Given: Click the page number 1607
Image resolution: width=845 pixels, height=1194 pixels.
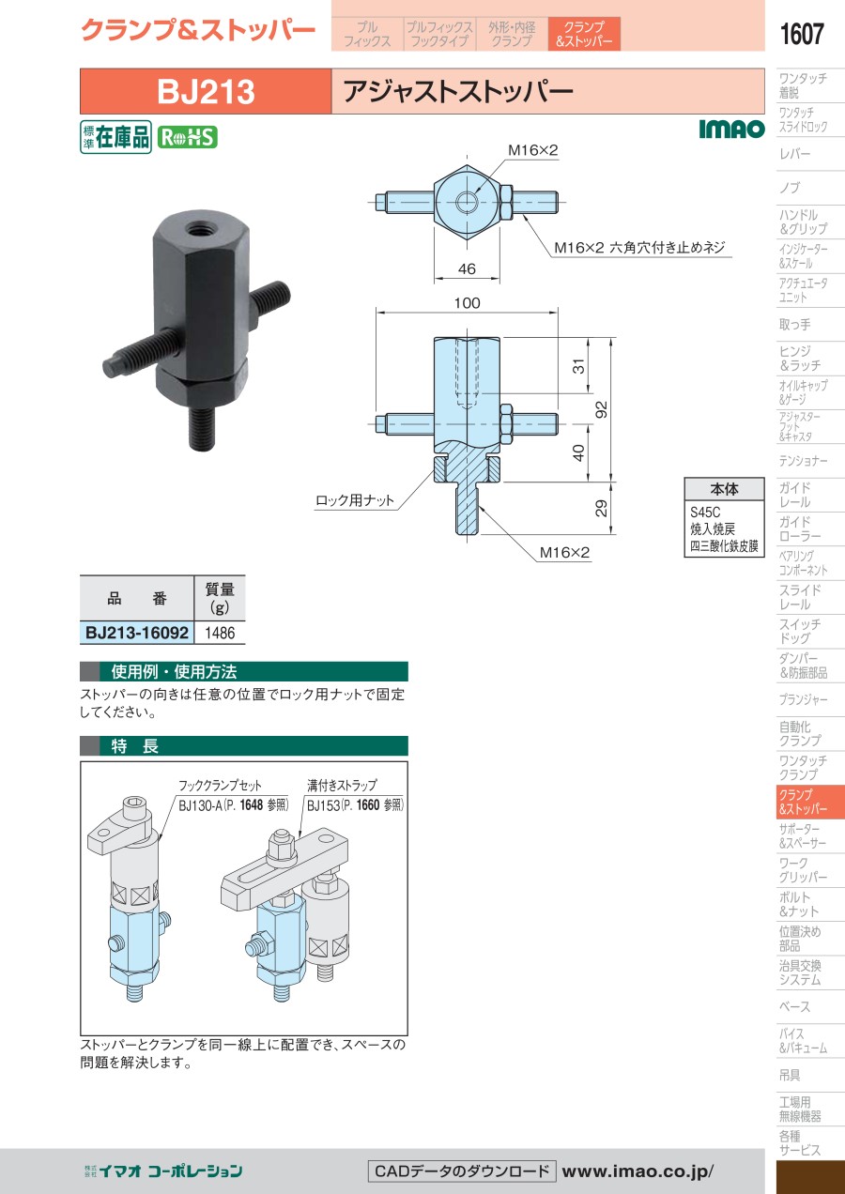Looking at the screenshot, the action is tap(802, 34).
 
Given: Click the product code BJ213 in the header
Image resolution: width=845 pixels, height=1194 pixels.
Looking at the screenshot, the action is tap(206, 92).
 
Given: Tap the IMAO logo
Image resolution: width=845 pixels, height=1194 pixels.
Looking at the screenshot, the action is tap(731, 129).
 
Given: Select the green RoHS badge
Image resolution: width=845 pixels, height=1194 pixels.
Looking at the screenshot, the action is tap(188, 137).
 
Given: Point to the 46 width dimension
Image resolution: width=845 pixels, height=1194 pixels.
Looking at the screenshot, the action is tap(467, 269).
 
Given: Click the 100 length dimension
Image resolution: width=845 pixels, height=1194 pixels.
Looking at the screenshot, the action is tap(467, 303).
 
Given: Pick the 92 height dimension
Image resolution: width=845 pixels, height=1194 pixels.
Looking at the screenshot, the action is tap(602, 409).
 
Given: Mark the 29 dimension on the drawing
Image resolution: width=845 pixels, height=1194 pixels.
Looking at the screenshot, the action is tap(602, 508).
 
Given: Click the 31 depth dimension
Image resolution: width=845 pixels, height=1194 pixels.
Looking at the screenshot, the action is tap(578, 366).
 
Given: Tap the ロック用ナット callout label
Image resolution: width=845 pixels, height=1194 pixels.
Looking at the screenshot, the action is tap(355, 500).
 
